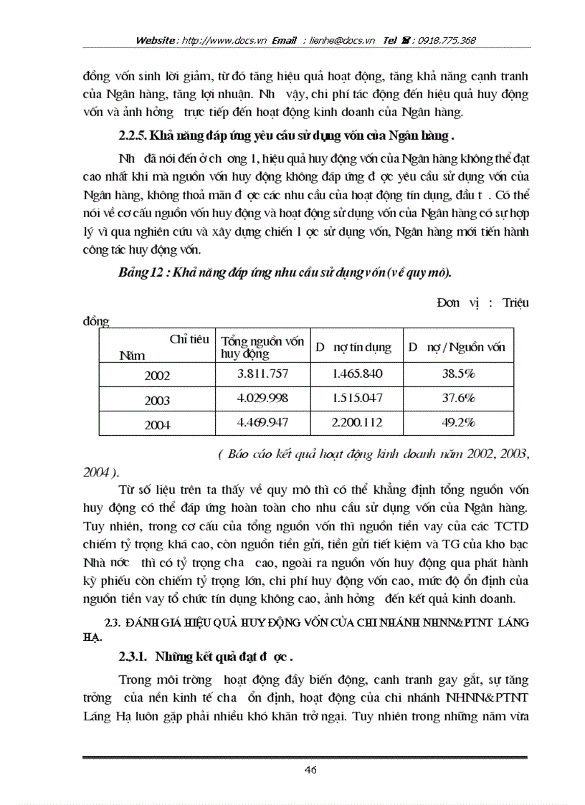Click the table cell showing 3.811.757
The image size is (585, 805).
pos(262,373)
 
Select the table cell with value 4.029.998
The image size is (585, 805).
pos(262,398)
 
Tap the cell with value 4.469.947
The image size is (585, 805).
pos(262,423)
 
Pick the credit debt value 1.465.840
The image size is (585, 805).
pos(357,373)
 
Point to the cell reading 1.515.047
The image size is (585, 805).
pos(357,398)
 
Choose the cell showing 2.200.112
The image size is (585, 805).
pos(357,423)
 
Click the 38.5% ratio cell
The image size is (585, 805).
pos(458,373)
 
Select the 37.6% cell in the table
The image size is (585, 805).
pos(458,398)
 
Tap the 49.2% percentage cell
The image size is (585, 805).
pos(458,423)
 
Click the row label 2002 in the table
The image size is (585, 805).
pos(157,375)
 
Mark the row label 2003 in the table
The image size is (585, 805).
pos(157,400)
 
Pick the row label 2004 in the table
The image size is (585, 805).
pos(157,424)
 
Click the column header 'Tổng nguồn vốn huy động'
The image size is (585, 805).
pos(262,347)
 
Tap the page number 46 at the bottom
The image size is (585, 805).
pos(310,770)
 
